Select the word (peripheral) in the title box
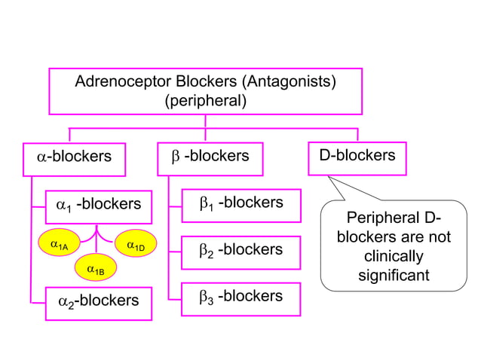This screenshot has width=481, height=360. pyautogui.click(x=205, y=100)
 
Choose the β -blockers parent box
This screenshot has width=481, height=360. pyautogui.click(x=210, y=157)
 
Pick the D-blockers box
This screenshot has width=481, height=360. pyautogui.click(x=357, y=157)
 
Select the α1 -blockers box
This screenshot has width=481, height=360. pyautogui.click(x=98, y=205)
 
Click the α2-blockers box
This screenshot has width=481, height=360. pyautogui.click(x=98, y=301)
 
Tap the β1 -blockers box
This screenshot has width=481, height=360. pyautogui.click(x=240, y=204)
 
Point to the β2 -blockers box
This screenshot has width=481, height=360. pyautogui.click(x=240, y=251)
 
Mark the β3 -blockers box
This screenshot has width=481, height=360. pyautogui.click(x=240, y=297)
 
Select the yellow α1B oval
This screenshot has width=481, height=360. pyautogui.click(x=96, y=268)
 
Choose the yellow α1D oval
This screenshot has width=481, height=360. pyautogui.click(x=136, y=245)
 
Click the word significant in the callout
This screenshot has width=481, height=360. pyautogui.click(x=394, y=276)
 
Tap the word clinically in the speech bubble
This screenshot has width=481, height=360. pyautogui.click(x=394, y=257)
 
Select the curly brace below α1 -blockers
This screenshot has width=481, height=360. pyautogui.click(x=97, y=233)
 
